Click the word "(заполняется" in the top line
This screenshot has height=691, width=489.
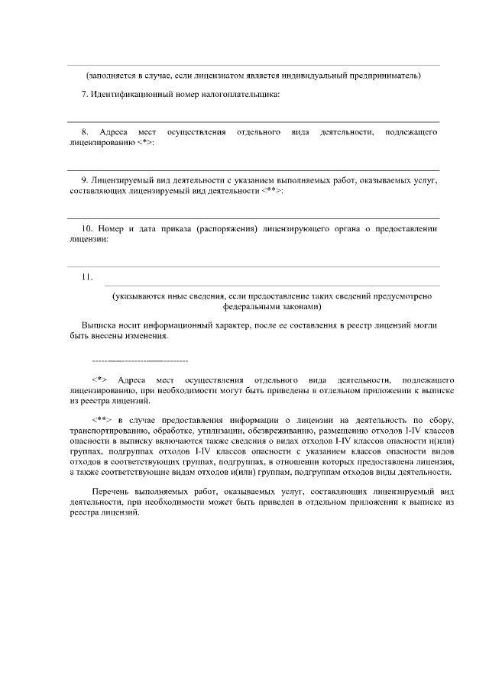click(x=109, y=76)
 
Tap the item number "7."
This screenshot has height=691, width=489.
click(x=85, y=95)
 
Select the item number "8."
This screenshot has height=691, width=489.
click(x=85, y=133)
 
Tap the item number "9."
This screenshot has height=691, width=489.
click(x=85, y=180)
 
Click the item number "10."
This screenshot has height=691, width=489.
click(x=87, y=228)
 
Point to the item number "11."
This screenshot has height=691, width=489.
click(x=87, y=276)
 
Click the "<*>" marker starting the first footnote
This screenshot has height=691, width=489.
click(x=99, y=379)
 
